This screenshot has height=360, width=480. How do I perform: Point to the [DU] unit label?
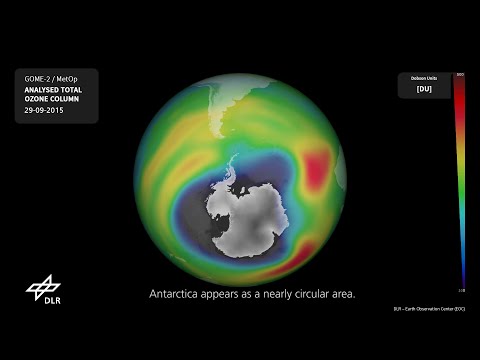pos(424,89)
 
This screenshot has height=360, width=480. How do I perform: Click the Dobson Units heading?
pos(424,78)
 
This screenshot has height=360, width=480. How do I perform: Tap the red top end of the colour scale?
pos(459,80)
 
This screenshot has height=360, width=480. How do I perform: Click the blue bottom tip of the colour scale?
pos(461,286)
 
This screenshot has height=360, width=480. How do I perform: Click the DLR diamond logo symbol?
pos(43,286)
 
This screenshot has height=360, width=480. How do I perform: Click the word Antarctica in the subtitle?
pos(178,294)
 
